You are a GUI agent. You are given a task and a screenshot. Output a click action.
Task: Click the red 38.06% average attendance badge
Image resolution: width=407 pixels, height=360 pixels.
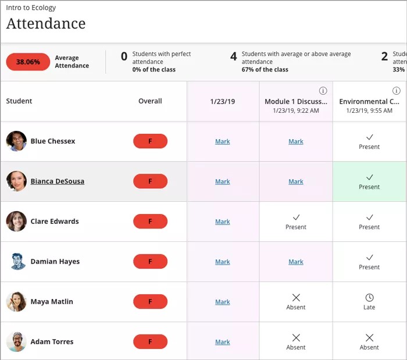pos(28,62)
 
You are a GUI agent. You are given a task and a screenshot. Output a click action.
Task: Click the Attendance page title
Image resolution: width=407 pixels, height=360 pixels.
pos(46,24)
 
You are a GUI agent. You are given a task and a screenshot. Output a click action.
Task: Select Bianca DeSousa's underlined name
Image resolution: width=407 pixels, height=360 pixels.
pos(57,181)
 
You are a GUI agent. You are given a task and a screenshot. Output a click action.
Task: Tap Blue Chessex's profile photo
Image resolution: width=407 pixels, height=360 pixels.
pos(16,141)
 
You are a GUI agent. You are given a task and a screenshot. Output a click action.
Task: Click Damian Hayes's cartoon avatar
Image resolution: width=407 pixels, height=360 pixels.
pos(16,262)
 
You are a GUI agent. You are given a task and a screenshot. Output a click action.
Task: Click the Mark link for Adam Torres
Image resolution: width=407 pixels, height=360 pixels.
pos(223,342)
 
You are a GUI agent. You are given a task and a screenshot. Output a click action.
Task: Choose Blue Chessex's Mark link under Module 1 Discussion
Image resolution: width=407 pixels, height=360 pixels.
pos(296,141)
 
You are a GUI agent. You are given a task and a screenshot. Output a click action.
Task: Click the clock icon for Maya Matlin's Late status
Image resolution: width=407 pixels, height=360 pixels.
pos(369,297)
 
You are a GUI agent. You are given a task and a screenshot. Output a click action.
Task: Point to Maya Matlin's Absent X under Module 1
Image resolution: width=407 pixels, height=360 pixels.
pos(296,297)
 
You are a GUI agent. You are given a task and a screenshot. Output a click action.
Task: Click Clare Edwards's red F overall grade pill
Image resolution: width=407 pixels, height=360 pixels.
pos(150,222)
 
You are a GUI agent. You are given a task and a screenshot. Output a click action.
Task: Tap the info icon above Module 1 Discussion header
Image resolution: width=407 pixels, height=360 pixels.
pos(323,91)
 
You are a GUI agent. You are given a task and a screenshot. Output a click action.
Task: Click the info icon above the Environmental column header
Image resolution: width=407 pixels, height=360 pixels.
pos(397,91)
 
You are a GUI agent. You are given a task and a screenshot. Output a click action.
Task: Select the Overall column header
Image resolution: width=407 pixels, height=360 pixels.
pos(150,101)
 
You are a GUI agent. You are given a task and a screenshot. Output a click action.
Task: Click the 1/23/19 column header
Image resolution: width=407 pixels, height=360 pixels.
pos(223,101)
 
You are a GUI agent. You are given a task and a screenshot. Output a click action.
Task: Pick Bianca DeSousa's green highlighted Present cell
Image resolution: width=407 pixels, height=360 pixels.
pos(369,181)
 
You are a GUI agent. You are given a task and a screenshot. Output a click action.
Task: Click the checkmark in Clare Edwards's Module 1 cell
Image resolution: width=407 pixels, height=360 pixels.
pos(296,218)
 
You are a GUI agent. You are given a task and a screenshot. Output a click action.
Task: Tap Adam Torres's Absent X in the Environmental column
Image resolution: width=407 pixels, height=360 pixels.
pos(369,337)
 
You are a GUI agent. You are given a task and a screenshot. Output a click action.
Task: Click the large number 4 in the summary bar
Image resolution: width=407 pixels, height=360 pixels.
pos(233,56)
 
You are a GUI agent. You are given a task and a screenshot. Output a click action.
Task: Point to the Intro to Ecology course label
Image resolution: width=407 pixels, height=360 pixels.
pos(31,8)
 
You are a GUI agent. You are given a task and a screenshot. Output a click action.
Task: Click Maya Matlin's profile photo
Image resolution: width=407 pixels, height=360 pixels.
pos(16,302)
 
